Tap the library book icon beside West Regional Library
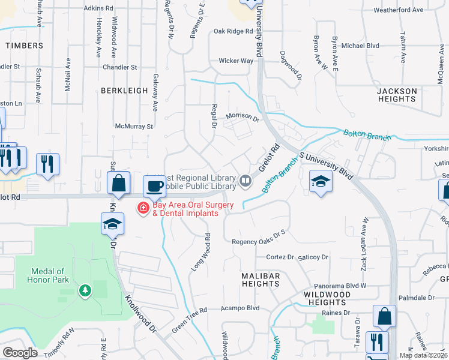tap(246, 180)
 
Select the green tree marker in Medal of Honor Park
tap(85, 291)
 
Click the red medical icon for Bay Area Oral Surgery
tap(143, 208)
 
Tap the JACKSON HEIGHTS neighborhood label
tap(397, 95)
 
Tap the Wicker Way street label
tap(236, 61)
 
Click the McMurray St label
tap(134, 127)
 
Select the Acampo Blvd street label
tap(240, 308)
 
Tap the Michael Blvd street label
tap(361, 45)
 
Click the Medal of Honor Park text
tap(48, 275)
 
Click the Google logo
tap(20, 352)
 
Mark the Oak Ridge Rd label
tap(234, 31)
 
